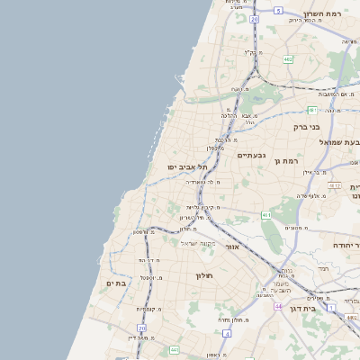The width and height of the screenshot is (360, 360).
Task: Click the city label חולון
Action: [209, 274]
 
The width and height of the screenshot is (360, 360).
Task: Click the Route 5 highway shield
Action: [279, 11]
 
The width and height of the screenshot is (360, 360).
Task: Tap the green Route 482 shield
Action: [288, 58]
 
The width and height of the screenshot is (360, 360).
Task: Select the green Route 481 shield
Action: [312, 110]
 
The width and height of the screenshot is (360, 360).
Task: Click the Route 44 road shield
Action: [278, 307]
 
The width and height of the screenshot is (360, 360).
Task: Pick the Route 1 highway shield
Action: [331, 308]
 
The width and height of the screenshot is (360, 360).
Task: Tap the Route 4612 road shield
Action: [335, 186]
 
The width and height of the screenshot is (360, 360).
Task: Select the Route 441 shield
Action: [174, 349]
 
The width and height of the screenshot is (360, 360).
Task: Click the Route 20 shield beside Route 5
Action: [255, 18]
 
